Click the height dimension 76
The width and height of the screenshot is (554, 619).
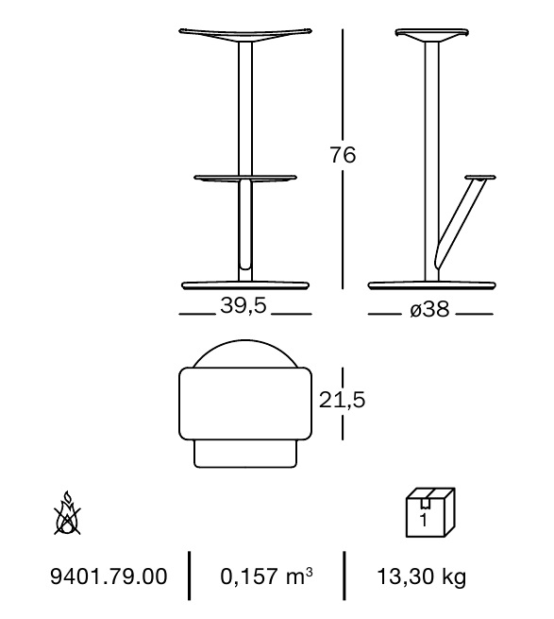(x=343, y=154)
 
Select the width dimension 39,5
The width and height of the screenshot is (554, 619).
(x=243, y=305)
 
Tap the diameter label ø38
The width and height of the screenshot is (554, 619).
(x=429, y=309)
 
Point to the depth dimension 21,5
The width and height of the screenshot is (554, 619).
(x=342, y=400)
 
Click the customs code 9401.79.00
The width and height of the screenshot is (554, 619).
(x=109, y=576)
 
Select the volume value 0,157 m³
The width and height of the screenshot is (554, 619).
(x=266, y=576)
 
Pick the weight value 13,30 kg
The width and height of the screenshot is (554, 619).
(x=422, y=576)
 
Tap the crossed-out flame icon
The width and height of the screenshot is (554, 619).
(x=67, y=513)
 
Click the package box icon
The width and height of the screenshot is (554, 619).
(x=430, y=512)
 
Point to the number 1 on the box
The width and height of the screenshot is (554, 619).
(x=424, y=521)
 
